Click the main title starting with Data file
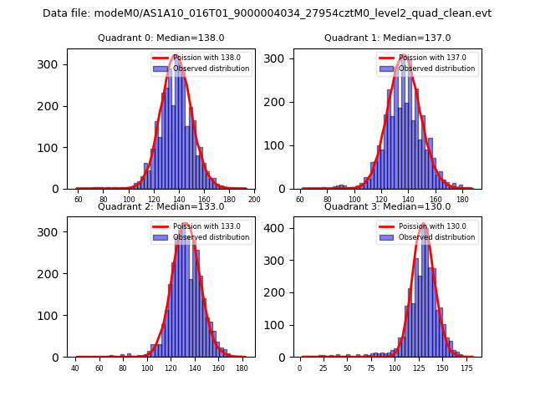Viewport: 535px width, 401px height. pos(267,13)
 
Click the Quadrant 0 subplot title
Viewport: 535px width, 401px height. pos(160,38)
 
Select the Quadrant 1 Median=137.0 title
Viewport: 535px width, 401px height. pos(387,38)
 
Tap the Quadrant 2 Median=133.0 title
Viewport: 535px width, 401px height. pos(160,207)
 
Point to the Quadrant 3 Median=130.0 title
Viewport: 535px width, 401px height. pos(387,207)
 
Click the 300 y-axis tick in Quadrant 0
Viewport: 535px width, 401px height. pos(52,64)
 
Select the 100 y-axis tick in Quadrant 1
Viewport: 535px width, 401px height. pos(278,145)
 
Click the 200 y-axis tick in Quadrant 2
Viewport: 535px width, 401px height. pos(52,274)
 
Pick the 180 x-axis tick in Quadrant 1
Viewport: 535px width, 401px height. pos(461,200)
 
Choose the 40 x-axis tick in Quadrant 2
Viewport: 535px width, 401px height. pos(75,368)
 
